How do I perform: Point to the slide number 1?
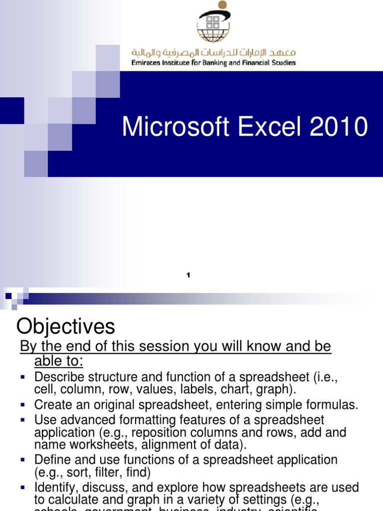click(189, 275)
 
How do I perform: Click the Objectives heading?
click(65, 327)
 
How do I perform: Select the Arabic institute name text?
click(213, 52)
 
